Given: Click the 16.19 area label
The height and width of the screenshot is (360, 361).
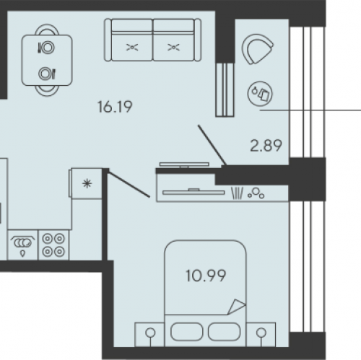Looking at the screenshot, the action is click(x=115, y=107).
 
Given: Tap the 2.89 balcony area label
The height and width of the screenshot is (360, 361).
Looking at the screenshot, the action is click(x=266, y=146).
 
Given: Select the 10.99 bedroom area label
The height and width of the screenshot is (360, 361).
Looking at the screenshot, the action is click(x=206, y=276).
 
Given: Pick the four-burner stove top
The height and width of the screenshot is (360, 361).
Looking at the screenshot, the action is click(x=53, y=245).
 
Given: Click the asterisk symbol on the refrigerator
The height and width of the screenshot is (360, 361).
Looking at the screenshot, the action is click(x=87, y=184).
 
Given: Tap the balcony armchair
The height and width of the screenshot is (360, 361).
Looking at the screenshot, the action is click(x=257, y=49).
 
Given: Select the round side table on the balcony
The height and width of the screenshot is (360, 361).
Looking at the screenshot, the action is click(x=260, y=94).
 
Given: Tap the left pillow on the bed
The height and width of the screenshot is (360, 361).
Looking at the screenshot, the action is click(x=187, y=332).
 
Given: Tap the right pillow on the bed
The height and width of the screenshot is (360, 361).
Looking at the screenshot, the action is click(x=224, y=332).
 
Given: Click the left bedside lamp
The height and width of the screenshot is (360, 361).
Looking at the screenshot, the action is click(x=150, y=333).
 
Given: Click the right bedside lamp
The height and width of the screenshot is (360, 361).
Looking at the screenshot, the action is click(x=261, y=333).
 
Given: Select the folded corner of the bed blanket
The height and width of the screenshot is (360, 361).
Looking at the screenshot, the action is click(x=237, y=307).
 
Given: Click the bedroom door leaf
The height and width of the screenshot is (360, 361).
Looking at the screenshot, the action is click(x=129, y=184).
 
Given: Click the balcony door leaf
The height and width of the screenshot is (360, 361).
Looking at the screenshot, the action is click(x=212, y=145).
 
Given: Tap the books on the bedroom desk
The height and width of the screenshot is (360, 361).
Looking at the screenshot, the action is click(x=237, y=193).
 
